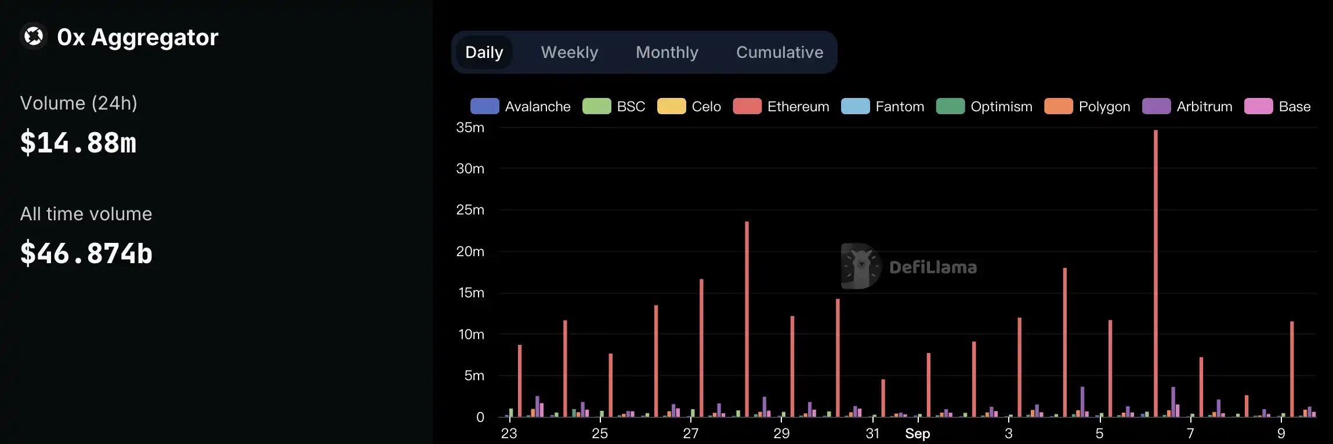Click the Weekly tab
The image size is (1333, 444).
569,52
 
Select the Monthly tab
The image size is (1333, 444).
666,52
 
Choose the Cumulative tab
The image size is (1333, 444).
779,52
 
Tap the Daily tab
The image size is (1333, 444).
484,52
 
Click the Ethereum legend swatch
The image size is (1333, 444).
747,107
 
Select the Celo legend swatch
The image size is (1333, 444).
671,107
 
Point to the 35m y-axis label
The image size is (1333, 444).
470,128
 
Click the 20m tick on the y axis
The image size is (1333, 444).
470,252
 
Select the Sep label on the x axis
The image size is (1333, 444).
917,434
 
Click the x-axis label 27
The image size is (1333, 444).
690,434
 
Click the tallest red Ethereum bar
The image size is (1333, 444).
1155,272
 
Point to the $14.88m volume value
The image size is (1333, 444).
78,143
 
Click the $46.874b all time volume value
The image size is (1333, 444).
86,253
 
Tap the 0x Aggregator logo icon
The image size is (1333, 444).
34,37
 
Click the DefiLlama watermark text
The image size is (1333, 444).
933,267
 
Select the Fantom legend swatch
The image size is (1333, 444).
855,107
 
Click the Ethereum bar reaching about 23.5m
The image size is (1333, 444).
747,319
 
